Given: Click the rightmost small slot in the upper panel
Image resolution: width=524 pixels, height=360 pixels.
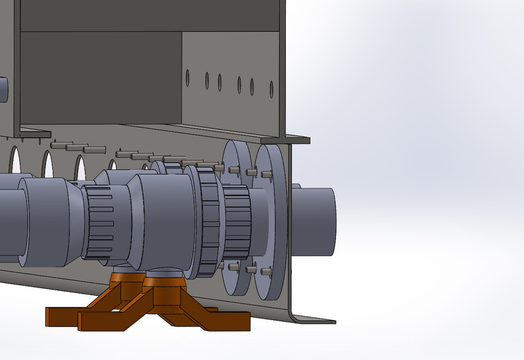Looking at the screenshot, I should tap(271, 89).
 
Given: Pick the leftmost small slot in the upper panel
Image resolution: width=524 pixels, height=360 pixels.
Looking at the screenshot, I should tap(187, 78).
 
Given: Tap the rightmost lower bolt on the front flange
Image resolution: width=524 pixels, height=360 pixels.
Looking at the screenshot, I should tap(265, 272).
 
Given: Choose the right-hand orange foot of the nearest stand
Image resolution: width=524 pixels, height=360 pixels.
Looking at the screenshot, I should tap(225, 321).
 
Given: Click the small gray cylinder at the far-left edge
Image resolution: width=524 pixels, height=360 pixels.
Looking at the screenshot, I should tap(3, 89).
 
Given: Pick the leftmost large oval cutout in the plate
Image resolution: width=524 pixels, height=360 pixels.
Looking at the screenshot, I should tap(15, 160).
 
